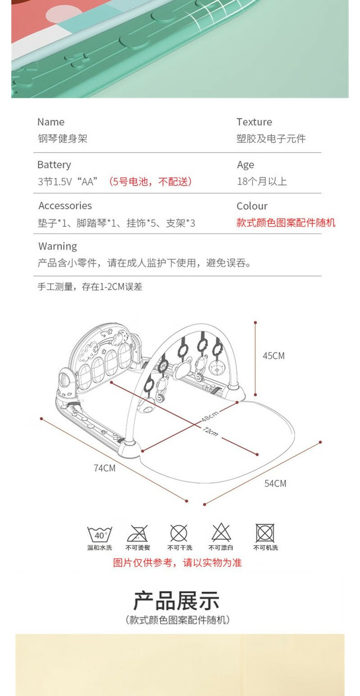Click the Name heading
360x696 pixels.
(x=50, y=122)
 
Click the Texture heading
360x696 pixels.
(x=254, y=122)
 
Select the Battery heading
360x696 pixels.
(x=54, y=165)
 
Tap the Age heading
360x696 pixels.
(x=246, y=165)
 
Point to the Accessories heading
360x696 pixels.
(x=65, y=206)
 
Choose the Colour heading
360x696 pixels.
(x=252, y=206)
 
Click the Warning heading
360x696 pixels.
(x=58, y=246)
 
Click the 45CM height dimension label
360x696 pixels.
(x=274, y=356)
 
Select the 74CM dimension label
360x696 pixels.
(x=104, y=468)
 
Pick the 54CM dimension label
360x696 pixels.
(x=275, y=484)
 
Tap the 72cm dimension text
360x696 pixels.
(x=210, y=431)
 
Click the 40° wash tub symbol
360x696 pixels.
(x=99, y=534)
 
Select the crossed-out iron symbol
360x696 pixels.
(x=138, y=533)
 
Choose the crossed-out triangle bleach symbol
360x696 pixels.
(x=221, y=533)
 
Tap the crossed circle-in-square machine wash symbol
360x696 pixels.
(x=265, y=533)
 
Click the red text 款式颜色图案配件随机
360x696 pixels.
(x=286, y=223)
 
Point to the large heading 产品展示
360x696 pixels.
(x=176, y=601)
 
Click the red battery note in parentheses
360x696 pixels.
(x=150, y=182)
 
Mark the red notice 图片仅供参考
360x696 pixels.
(x=177, y=562)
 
